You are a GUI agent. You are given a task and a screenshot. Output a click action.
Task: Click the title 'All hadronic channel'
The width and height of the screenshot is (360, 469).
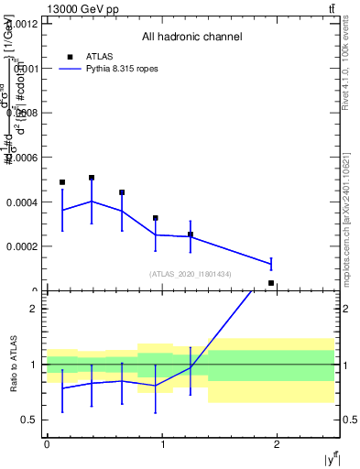(191, 38)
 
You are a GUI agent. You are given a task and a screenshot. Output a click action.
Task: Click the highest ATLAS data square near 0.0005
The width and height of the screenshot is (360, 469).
(92, 178)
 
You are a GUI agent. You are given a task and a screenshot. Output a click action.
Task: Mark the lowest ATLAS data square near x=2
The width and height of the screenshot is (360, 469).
(271, 283)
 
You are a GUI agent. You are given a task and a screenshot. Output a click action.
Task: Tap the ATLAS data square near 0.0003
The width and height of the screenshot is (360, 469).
(156, 218)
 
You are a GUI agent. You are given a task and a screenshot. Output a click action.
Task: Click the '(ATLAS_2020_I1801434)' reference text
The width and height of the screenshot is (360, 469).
(191, 274)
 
